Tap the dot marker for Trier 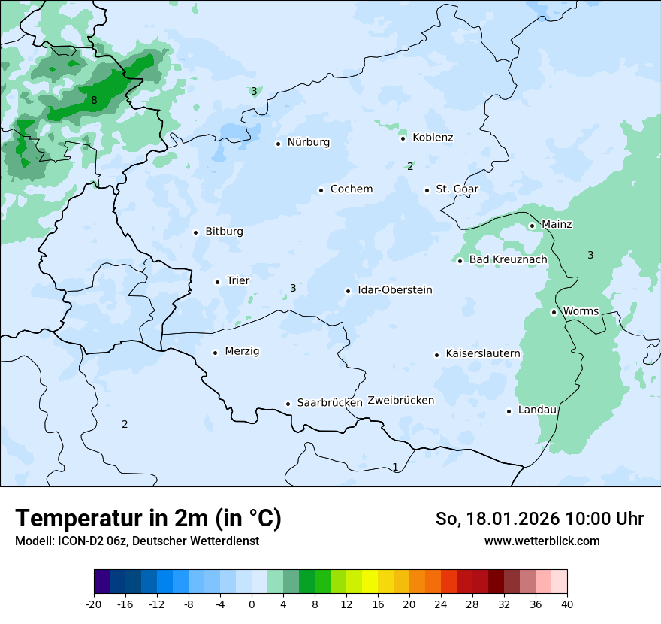click(x=218, y=282)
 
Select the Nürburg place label click(x=308, y=142)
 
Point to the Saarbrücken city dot click(x=288, y=404)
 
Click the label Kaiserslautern click(x=483, y=353)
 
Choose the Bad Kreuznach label click(x=508, y=259)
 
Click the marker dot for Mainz click(x=532, y=226)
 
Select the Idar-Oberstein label click(x=394, y=290)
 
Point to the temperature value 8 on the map click(x=94, y=100)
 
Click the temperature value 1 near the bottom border click(x=395, y=467)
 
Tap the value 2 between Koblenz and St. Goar click(x=410, y=166)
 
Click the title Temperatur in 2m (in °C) click(x=149, y=518)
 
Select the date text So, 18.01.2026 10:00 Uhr click(x=539, y=519)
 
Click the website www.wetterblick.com click(x=542, y=541)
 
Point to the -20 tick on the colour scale click(x=94, y=604)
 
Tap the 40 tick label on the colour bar click(x=567, y=604)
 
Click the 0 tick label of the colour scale click(x=252, y=604)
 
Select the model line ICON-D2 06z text click(x=137, y=541)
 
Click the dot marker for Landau click(x=509, y=411)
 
